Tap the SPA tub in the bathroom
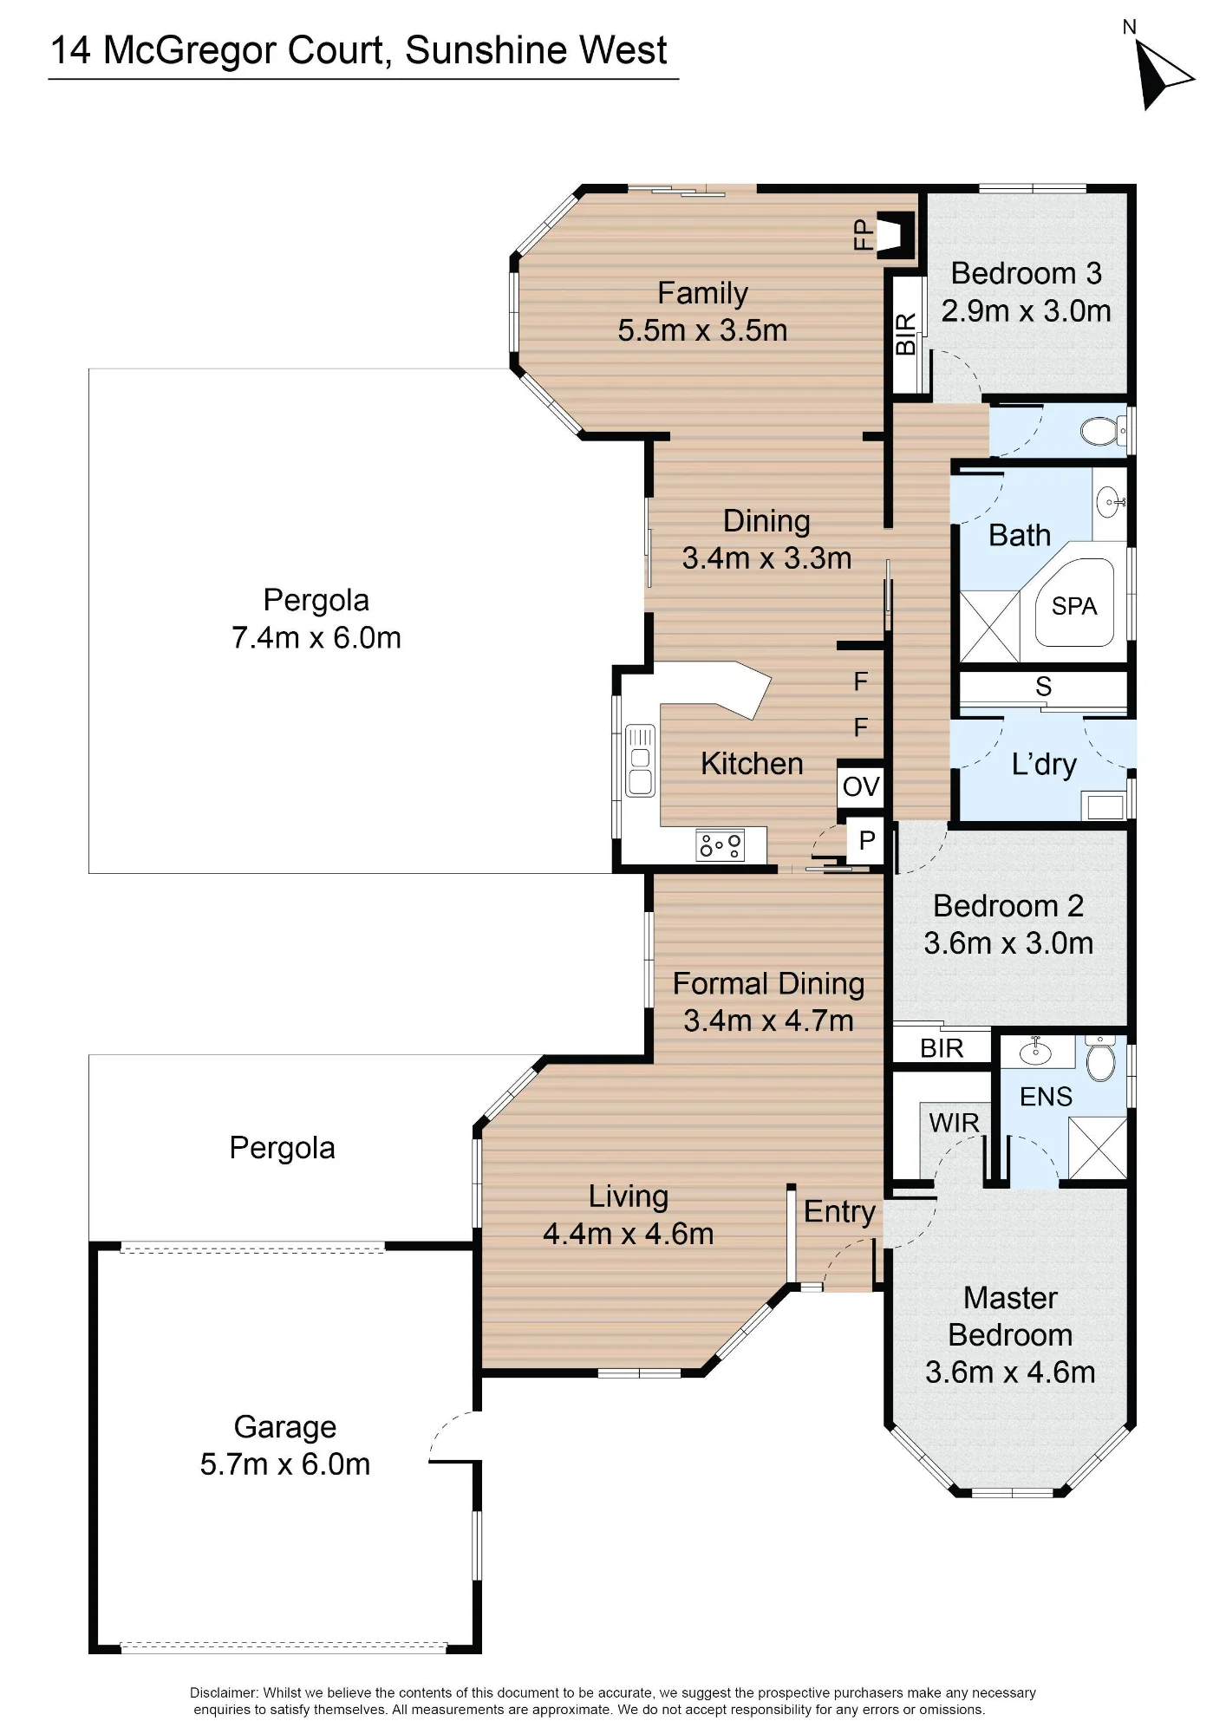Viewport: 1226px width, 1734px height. [1074, 602]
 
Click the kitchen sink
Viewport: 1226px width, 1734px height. [640, 760]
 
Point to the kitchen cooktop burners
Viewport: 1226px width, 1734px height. [721, 844]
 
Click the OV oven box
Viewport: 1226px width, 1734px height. [860, 786]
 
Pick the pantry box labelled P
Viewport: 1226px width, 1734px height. [865, 840]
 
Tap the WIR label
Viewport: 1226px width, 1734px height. [954, 1123]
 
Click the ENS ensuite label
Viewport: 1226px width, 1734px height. [1046, 1097]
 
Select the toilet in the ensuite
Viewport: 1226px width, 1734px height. [1100, 1059]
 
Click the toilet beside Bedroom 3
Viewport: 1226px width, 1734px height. [1103, 430]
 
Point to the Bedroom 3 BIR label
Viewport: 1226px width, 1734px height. [905, 334]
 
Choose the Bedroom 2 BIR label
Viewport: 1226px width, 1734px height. [942, 1048]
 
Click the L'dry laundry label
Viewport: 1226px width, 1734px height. [1044, 764]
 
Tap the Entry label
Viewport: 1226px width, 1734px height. [839, 1212]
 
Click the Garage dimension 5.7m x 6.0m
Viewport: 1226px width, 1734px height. [285, 1464]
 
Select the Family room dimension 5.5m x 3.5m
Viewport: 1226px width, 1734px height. [702, 330]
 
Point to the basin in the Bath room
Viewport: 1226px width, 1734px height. [1110, 501]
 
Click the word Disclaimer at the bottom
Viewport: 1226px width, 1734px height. [224, 1692]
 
